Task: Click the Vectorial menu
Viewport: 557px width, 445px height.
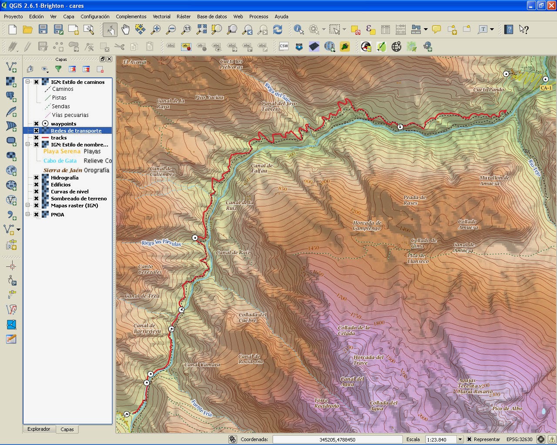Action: pos(161,17)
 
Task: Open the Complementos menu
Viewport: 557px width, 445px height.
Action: pos(131,17)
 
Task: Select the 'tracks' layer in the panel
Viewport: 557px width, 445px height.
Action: pos(59,138)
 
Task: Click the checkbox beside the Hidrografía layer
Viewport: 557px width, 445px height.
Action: pos(37,178)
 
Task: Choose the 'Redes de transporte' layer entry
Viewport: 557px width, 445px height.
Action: pos(76,131)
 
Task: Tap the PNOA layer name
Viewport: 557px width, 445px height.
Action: pos(57,215)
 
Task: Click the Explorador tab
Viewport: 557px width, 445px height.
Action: pos(39,429)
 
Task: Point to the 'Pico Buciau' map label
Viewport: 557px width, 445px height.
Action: pos(209,97)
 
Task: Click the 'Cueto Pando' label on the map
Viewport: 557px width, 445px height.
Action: pos(489,90)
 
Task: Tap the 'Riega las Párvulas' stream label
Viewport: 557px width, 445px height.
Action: pos(161,243)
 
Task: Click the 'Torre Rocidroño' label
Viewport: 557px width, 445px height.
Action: pos(326,403)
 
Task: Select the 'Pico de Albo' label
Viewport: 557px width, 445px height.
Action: pos(507,408)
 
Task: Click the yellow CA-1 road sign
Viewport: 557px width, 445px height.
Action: pos(546,88)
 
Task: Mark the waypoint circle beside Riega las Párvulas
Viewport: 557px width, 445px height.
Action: pos(195,237)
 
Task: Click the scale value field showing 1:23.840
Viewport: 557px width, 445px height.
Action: pos(440,439)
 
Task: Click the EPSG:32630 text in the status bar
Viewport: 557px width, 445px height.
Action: pos(519,439)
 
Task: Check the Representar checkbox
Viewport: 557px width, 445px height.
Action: pos(469,439)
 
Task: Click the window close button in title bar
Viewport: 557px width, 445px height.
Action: pos(551,6)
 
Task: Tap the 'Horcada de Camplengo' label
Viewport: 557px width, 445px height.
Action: pos(367,226)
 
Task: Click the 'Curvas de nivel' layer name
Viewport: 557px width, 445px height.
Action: pos(70,192)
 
